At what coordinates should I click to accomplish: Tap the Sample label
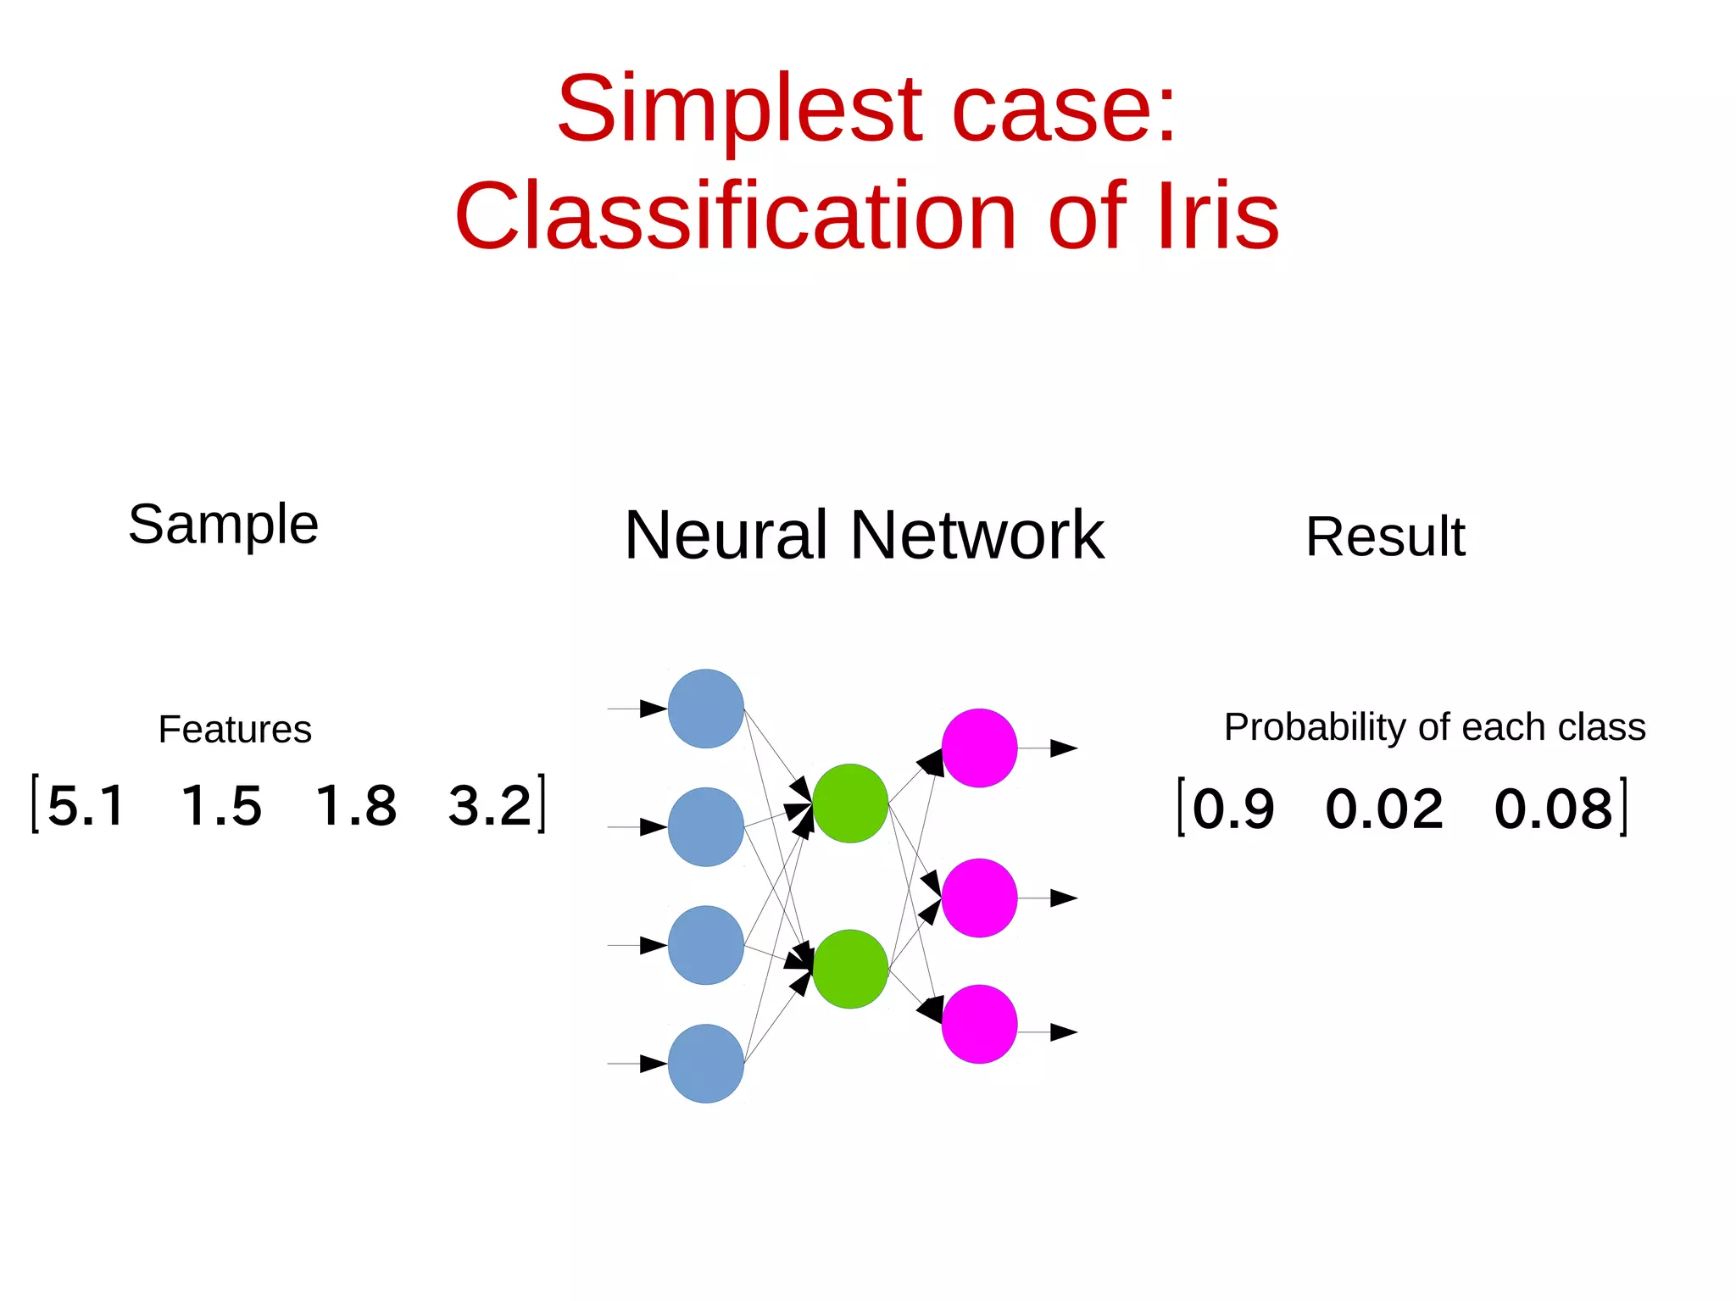click(223, 525)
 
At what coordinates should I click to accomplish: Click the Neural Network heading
click(864, 536)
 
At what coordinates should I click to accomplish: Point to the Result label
click(1385, 537)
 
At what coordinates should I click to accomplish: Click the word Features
click(235, 730)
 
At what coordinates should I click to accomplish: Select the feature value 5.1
click(86, 805)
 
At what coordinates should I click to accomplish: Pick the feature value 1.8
click(356, 805)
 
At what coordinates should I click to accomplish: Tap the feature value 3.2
click(490, 805)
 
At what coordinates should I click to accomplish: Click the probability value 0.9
click(1233, 809)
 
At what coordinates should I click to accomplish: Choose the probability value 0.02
click(1384, 809)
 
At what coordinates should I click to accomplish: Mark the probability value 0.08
click(1553, 809)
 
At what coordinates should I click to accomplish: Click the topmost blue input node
click(705, 709)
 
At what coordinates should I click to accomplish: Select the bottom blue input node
click(705, 1063)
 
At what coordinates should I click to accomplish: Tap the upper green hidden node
click(850, 803)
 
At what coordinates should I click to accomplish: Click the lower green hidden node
click(850, 969)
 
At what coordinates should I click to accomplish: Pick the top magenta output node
click(979, 748)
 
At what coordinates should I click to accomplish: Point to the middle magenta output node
click(979, 898)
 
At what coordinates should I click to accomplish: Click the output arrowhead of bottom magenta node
click(1063, 1032)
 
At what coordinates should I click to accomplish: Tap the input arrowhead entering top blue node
click(653, 709)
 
